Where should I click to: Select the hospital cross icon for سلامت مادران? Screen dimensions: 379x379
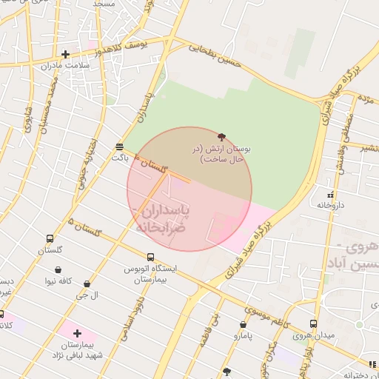pos(66,54)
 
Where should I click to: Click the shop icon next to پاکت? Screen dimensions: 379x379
pos(120,146)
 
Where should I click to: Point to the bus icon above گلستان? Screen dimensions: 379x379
pos(50,239)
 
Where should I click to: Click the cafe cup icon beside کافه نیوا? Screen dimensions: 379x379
pos(33,281)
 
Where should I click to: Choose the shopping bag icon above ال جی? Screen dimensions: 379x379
pos(87,284)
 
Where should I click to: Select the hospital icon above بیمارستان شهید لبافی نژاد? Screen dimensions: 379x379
pos(77,333)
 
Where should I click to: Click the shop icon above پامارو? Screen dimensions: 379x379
pos(244,324)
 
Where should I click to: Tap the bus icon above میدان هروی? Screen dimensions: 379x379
pos(314,324)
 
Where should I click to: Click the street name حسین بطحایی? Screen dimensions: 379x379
pos(215,58)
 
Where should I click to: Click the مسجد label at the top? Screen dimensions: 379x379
pos(103,4)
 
